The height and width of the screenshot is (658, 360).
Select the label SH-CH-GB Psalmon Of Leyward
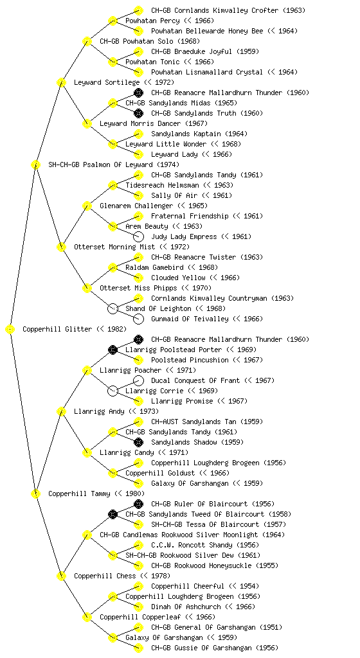[100, 164]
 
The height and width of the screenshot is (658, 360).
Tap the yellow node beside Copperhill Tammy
[35, 493]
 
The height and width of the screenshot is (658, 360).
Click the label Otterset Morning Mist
[114, 247]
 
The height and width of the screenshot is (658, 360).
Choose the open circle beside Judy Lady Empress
[138, 236]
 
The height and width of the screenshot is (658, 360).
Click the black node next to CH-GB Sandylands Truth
[138, 113]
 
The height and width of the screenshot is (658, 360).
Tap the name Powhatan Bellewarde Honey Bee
[207, 31]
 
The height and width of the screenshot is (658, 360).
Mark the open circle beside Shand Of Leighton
[113, 308]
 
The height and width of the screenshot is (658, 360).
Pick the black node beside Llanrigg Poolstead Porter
[113, 350]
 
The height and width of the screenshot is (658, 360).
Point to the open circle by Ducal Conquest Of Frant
[138, 380]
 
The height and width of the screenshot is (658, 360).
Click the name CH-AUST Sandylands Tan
[194, 422]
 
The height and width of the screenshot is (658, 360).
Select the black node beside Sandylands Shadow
[138, 442]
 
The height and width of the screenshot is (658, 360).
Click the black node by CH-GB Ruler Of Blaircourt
[138, 504]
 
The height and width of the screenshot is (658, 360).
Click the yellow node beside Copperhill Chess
[61, 576]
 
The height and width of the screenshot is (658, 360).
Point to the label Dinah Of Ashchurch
[186, 607]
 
